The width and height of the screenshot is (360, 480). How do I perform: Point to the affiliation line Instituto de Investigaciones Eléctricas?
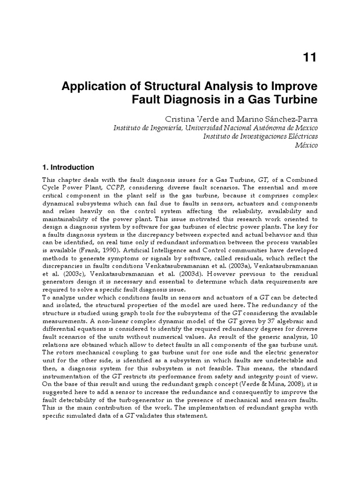click(x=260, y=136)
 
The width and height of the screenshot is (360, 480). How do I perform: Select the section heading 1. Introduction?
click(x=68, y=167)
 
